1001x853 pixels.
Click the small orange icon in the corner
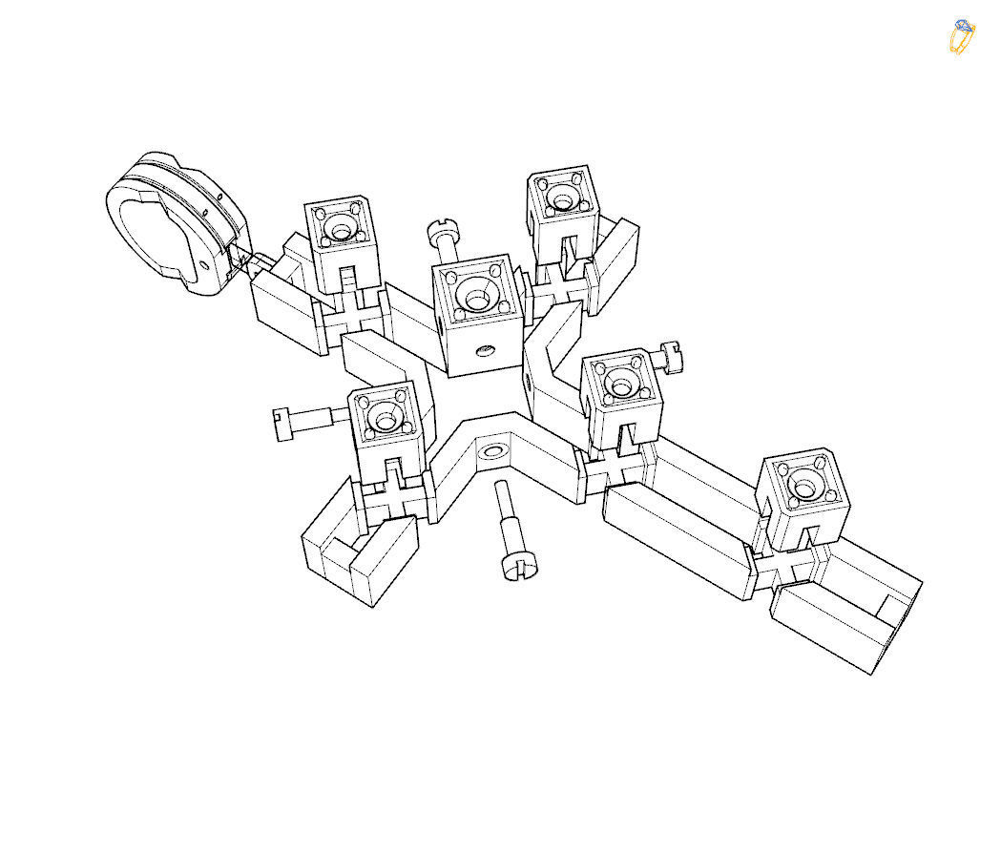pos(962,36)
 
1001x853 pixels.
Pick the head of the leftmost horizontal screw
pos(282,423)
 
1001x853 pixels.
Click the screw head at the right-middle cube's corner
pos(671,356)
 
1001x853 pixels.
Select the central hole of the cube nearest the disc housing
pos(340,229)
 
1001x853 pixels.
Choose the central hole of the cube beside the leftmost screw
pos(386,418)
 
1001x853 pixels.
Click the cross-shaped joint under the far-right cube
pos(791,565)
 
